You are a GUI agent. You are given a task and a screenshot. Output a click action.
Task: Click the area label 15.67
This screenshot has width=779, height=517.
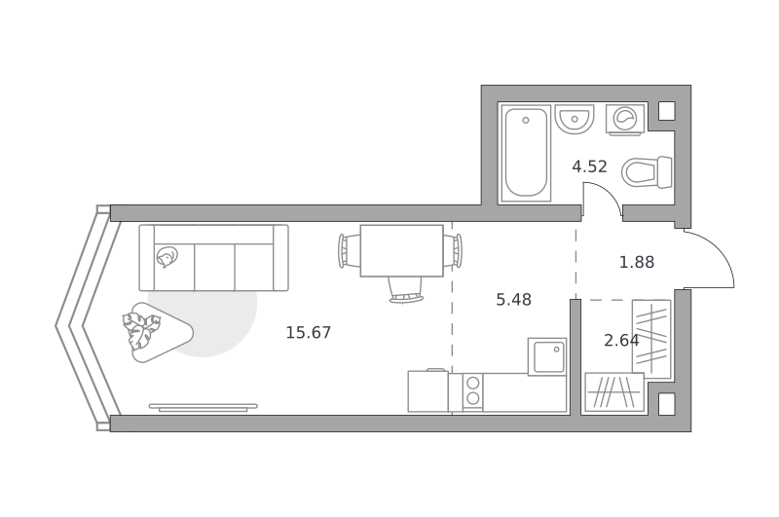(x=308, y=332)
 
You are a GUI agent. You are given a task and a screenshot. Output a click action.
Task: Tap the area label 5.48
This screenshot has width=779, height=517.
(x=514, y=300)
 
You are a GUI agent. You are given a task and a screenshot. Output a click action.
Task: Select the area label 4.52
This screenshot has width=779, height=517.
(x=589, y=166)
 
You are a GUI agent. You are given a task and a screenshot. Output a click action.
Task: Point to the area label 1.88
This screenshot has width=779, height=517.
(x=637, y=262)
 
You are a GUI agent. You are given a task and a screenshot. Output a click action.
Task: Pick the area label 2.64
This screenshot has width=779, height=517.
(x=621, y=340)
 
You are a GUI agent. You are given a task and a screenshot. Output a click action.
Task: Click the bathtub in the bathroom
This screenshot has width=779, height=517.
(x=526, y=153)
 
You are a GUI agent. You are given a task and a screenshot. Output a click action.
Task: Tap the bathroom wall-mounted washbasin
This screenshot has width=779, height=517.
(x=575, y=119)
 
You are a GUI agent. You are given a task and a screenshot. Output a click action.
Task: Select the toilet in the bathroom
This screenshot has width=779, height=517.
(x=647, y=172)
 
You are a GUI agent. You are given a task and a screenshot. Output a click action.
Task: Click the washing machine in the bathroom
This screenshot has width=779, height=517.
(x=625, y=119)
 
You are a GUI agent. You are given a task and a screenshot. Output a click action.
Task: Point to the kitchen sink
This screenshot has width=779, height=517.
(x=547, y=356)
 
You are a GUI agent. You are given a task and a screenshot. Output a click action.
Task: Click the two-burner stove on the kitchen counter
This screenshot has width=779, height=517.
(x=473, y=391)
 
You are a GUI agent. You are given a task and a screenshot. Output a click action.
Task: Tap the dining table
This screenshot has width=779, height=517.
(x=401, y=250)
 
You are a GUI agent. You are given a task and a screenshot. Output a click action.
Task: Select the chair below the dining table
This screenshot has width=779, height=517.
(x=406, y=290)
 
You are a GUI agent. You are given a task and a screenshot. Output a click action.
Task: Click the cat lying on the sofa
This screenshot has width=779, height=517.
(x=166, y=257)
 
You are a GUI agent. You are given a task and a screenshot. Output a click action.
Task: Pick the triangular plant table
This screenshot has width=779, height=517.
(x=156, y=332)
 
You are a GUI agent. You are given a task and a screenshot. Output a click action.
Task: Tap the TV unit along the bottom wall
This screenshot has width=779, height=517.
(x=204, y=407)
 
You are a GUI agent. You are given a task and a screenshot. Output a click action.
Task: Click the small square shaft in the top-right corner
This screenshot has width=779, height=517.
(x=667, y=111)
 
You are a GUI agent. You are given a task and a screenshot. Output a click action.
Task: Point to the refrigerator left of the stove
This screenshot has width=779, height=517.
(x=428, y=390)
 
